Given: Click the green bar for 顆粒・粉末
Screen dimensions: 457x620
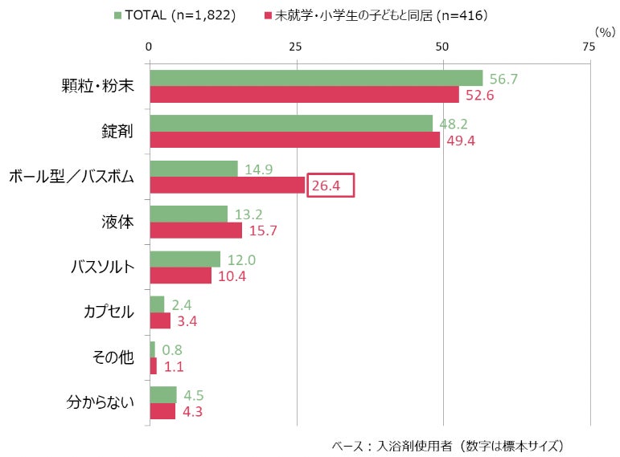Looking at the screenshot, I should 316,78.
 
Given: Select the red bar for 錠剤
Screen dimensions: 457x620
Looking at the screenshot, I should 294,140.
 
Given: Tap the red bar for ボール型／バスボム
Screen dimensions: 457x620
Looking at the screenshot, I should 228,185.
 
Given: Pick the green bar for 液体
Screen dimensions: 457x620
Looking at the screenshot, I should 189,214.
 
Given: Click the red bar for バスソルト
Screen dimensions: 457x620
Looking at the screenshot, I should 181,275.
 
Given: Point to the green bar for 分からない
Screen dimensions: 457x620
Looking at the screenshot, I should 163,394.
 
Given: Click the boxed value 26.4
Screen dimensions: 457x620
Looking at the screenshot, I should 330,186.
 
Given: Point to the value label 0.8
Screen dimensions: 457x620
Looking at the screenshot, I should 173,350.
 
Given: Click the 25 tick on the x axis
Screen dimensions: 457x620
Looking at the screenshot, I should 296,47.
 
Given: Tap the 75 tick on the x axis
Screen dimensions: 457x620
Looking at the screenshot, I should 589,47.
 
